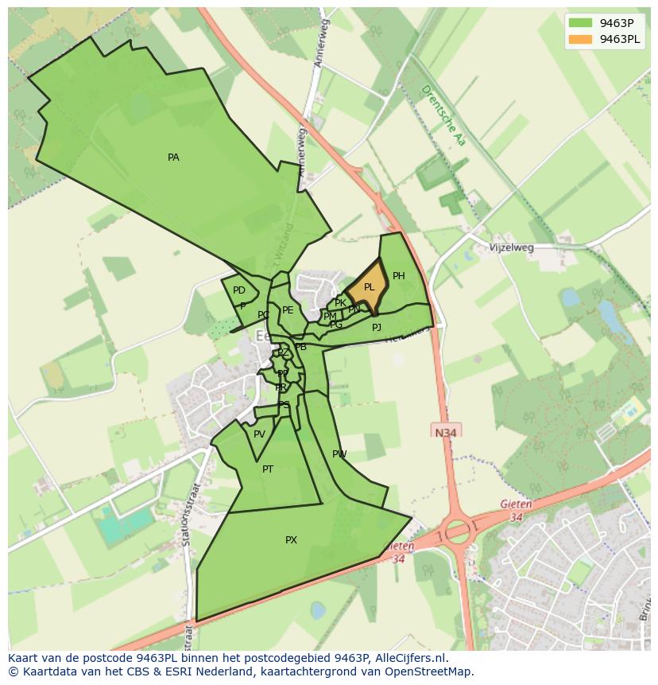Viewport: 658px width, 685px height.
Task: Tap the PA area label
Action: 173,158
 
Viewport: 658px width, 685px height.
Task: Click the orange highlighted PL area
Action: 368,287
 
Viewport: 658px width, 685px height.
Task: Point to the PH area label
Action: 399,276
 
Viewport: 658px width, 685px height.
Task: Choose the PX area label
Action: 291,540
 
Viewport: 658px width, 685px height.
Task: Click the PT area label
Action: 268,469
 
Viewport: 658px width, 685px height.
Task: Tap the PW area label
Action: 339,454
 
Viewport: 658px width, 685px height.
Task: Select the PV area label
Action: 259,434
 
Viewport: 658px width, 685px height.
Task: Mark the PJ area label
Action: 377,327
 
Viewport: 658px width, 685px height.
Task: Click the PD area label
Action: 239,290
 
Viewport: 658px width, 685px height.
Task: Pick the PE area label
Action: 288,310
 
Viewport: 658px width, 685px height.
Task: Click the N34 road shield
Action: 447,432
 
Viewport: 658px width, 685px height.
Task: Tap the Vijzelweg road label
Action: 512,247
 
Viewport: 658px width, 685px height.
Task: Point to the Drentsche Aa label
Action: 443,115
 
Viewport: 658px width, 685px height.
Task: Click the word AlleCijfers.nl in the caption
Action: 408,658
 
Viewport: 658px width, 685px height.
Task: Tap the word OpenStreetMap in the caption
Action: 432,671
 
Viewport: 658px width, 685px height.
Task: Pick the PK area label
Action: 340,303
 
